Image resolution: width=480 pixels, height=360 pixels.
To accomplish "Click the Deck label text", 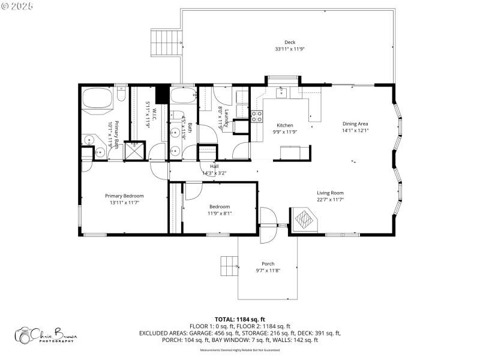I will click(290, 42).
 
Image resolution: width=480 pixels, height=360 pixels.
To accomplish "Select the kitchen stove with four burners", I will click(257, 116).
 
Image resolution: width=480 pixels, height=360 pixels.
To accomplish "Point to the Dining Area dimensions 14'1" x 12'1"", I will click(355, 130).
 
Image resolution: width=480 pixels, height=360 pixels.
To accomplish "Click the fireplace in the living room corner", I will click(303, 219).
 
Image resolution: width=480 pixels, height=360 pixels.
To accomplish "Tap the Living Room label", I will click(330, 193).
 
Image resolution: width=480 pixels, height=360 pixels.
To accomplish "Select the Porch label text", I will click(268, 264).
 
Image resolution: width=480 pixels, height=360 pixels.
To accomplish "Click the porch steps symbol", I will click(229, 265).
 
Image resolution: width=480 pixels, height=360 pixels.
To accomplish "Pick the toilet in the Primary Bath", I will click(121, 95).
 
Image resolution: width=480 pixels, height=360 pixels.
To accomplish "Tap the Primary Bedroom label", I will click(124, 196).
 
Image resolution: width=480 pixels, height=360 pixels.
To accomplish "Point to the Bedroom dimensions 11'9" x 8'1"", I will click(220, 213).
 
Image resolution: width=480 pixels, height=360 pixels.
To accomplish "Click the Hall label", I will click(214, 166).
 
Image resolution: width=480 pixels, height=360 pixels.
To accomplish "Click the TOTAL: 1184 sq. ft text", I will click(239, 319).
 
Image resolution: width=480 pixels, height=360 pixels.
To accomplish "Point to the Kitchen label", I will click(284, 125).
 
